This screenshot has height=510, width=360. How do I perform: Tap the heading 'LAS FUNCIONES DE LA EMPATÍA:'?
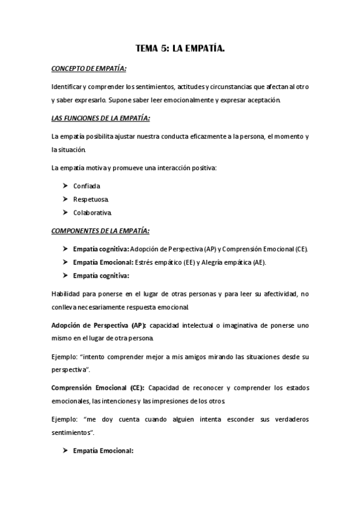click(93, 117)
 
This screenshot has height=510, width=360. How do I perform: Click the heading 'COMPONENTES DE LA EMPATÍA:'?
click(92, 230)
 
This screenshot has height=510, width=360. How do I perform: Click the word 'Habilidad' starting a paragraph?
click(66, 294)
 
